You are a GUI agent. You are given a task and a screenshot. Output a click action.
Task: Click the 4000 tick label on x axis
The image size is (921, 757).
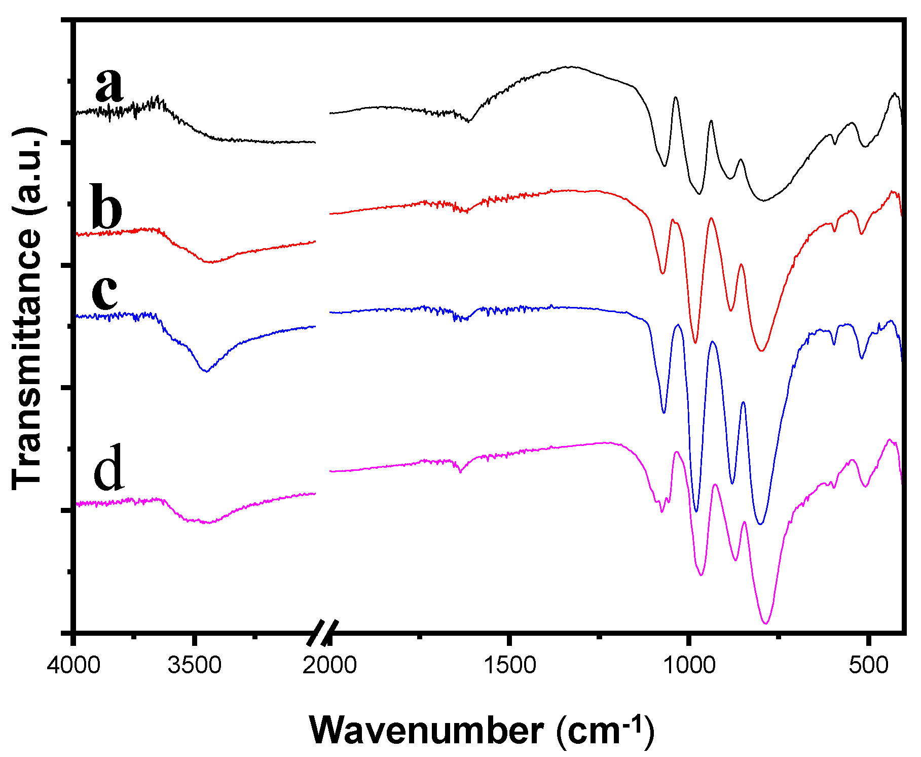pos(74,665)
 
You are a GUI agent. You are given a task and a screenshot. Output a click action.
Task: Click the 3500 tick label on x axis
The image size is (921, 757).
pos(195,665)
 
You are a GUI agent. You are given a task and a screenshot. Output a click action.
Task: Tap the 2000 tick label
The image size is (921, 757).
pos(330,665)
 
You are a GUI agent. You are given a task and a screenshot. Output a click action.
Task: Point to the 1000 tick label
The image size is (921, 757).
pos(689,665)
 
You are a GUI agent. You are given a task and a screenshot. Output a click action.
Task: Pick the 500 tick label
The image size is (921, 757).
pos(869,665)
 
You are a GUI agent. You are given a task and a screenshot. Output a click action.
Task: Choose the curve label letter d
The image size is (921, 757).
pos(108,468)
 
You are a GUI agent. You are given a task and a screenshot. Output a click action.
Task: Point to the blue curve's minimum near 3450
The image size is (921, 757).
pos(206,371)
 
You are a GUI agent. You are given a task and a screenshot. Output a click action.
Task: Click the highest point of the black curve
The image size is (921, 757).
pos(572,66)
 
